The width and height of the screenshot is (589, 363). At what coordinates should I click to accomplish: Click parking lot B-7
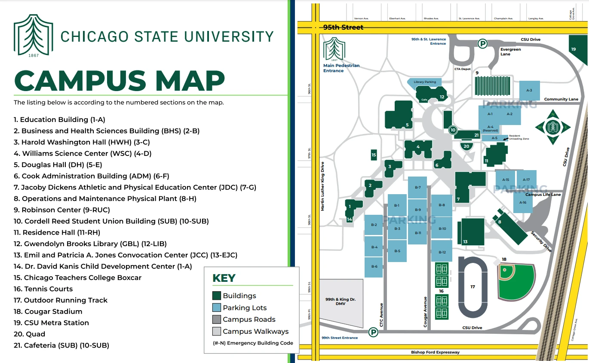[x=417, y=188]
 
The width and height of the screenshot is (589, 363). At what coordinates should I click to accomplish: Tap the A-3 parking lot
[x=529, y=90]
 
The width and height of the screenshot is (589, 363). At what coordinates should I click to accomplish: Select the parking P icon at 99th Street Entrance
[x=373, y=332]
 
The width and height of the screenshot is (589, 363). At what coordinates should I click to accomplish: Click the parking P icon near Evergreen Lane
[x=483, y=43]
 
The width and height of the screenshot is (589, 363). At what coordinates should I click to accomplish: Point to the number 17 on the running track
[x=472, y=287]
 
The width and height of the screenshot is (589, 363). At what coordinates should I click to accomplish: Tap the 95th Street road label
[x=343, y=27]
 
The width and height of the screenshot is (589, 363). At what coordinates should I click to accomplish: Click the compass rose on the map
[x=552, y=127]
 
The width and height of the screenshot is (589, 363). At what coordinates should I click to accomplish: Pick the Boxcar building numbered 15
[x=374, y=155]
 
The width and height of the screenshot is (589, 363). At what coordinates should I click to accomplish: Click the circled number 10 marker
[x=452, y=130]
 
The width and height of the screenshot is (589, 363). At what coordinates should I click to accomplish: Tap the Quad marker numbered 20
[x=467, y=146]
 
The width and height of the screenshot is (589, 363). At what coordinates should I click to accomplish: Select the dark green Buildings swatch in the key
[x=216, y=296]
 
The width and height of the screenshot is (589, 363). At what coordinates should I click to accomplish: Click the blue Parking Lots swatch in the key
[x=216, y=308]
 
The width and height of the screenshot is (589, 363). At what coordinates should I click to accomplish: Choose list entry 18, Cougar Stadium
[x=48, y=311]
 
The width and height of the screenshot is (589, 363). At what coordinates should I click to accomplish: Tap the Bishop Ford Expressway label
[x=435, y=352]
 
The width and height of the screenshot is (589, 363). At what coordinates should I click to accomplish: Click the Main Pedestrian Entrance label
[x=341, y=68]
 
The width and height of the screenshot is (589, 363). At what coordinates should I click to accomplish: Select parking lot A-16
[x=523, y=202]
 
